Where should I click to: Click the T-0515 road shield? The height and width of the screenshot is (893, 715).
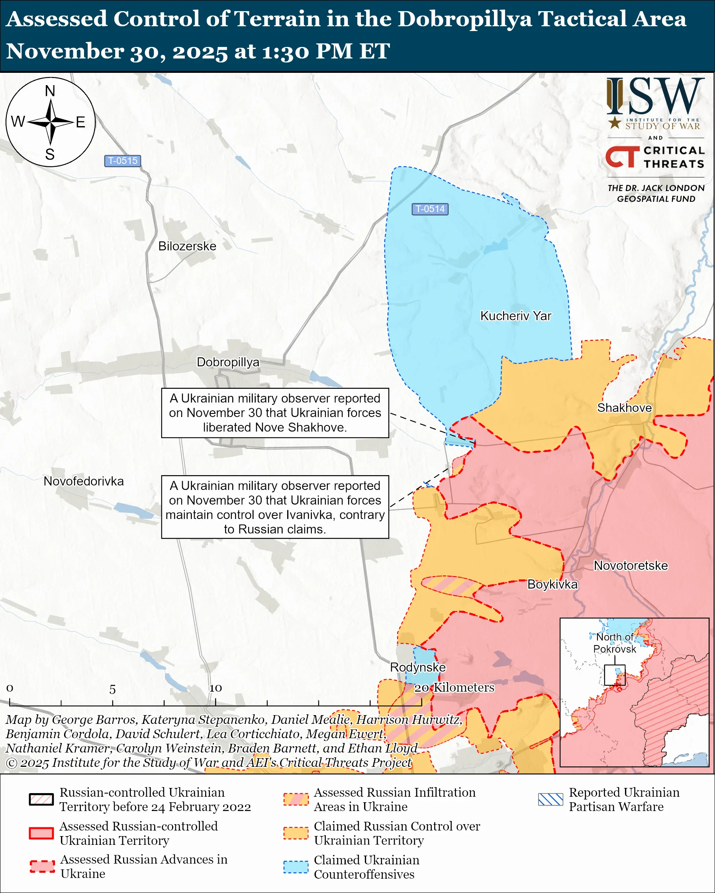[x=122, y=161]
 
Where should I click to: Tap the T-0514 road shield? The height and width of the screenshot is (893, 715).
[x=430, y=209]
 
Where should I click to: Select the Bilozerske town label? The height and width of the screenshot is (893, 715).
[x=187, y=246]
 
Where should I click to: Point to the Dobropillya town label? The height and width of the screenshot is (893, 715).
[x=227, y=362]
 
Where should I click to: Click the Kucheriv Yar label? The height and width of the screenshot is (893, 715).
[x=515, y=316]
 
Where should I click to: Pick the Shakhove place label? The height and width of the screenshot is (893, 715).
[x=624, y=408]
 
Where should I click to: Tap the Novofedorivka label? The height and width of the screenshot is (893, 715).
[x=84, y=481]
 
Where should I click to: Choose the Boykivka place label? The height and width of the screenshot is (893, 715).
[x=552, y=585]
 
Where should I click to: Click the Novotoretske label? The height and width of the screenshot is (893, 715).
[x=631, y=565]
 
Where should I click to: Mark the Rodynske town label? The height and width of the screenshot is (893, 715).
[x=418, y=667]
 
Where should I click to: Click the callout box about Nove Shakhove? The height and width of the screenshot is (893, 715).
[x=275, y=413]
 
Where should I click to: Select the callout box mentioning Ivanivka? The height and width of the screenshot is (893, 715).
[x=275, y=507]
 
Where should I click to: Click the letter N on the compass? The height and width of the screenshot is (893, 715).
[x=50, y=91]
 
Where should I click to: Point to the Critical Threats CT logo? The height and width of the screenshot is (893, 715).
[x=622, y=157]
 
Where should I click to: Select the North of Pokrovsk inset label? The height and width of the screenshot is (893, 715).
[x=615, y=643]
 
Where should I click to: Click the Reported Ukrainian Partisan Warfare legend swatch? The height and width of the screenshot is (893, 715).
[x=550, y=799]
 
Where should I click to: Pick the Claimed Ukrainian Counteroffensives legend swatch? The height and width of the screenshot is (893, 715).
[x=296, y=867]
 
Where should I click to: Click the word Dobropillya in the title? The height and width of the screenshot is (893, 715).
[x=464, y=19]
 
